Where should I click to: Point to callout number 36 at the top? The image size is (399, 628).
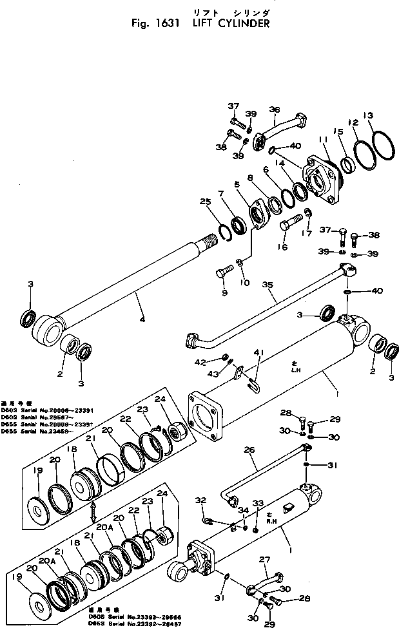275,109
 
